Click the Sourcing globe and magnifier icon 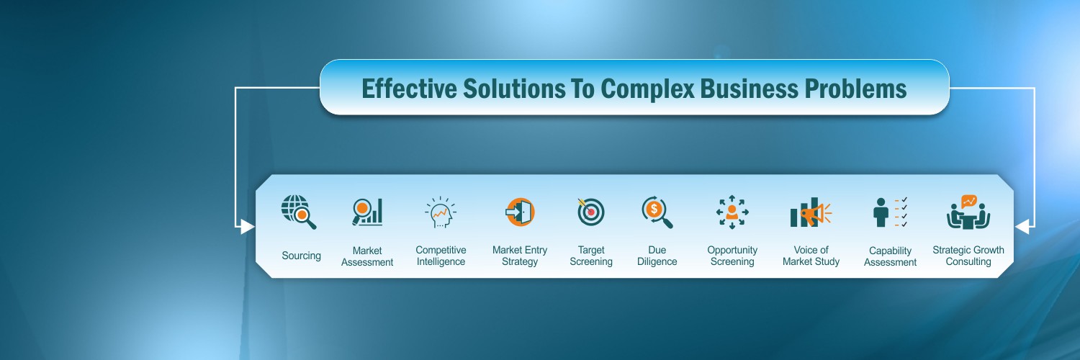click(298, 212)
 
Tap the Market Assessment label click(367, 256)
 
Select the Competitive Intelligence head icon click(441, 212)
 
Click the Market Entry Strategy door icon click(520, 212)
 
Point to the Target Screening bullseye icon click(590, 212)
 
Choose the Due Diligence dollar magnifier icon click(657, 212)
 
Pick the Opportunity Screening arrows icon click(732, 212)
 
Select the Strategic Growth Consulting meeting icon click(968, 212)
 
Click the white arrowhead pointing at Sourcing click(247, 227)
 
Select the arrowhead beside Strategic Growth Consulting click(1022, 227)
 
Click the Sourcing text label click(301, 256)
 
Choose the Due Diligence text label click(657, 256)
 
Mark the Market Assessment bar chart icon click(367, 212)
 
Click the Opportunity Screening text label click(732, 256)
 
